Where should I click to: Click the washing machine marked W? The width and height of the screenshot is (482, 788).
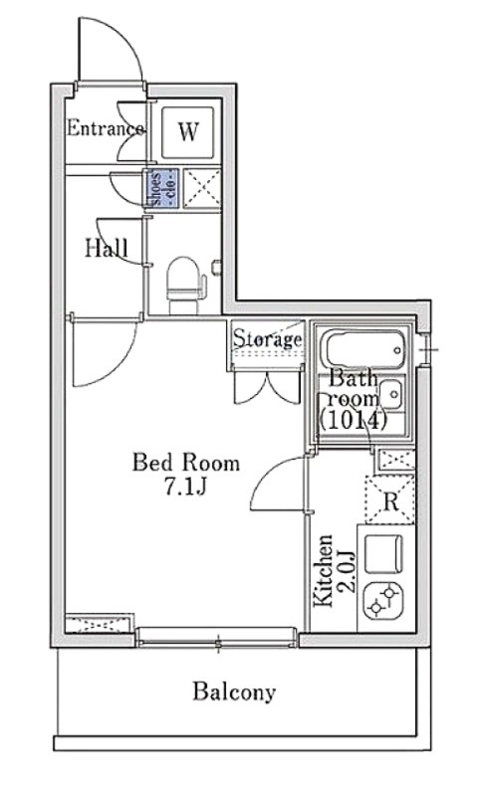(187, 131)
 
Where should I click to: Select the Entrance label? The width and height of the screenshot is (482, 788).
(106, 128)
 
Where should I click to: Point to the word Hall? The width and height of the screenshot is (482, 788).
(106, 248)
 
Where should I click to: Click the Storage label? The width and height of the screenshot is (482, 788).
(268, 338)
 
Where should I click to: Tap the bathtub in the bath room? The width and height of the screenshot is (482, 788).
(364, 349)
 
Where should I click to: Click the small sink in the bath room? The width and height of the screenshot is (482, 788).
(390, 395)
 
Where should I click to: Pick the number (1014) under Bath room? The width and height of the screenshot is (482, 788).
(353, 420)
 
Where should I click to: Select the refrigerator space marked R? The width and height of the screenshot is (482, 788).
(390, 499)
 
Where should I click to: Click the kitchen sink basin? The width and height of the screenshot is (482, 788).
(383, 554)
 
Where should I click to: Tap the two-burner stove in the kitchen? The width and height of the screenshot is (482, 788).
(383, 601)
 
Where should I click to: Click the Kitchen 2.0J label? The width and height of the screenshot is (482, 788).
(335, 570)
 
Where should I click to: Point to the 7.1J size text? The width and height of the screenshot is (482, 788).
(185, 486)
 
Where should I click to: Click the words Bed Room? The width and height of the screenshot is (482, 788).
(185, 463)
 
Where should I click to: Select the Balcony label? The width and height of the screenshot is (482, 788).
(234, 692)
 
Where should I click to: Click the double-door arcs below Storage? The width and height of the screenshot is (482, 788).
(268, 387)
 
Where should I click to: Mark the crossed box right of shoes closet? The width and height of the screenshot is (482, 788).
(202, 188)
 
